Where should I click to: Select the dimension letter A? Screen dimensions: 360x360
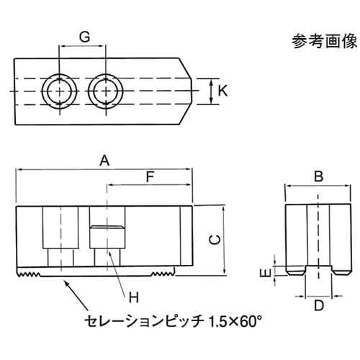(x=104, y=163)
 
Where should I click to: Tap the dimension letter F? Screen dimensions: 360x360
(x=150, y=176)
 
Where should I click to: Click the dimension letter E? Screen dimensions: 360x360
(x=264, y=272)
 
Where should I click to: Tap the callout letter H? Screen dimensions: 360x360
(x=132, y=296)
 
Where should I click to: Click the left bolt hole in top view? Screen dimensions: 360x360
(x=58, y=91)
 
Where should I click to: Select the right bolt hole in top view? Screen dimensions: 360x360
(x=105, y=91)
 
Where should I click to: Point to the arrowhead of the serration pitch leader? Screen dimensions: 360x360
(x=67, y=283)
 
